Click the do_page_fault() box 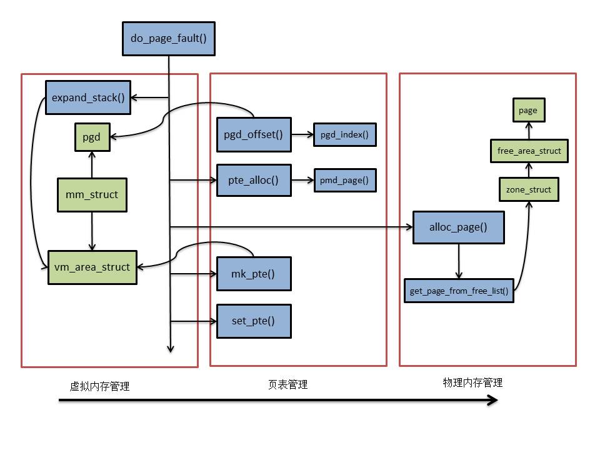169,39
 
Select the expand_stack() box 88,97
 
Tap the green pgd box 92,137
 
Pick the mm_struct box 92,195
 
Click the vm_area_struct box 92,267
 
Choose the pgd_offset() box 254,135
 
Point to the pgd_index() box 345,135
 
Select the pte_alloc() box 254,180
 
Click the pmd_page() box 345,180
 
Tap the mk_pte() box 254,274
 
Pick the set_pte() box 254,321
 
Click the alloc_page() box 458,227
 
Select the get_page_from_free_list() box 459,291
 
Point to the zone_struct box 529,189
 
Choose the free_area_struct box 529,151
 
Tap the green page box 529,110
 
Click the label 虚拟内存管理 99,386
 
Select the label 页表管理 287,384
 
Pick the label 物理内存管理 472,382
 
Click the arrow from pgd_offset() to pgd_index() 302,135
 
